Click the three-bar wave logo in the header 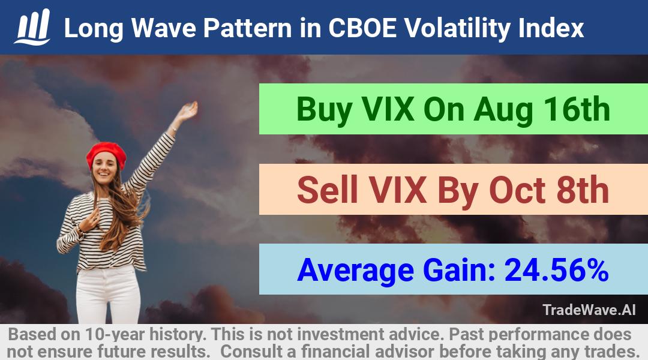click(x=32, y=27)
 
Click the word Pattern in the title click(x=247, y=28)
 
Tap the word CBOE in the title click(x=362, y=28)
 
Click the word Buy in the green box click(x=325, y=110)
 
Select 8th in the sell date click(x=583, y=190)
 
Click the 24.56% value click(x=556, y=270)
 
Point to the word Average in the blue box click(x=355, y=271)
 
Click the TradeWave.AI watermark click(x=589, y=310)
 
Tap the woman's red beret click(x=106, y=154)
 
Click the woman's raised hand click(x=188, y=111)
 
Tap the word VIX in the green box click(x=388, y=109)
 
